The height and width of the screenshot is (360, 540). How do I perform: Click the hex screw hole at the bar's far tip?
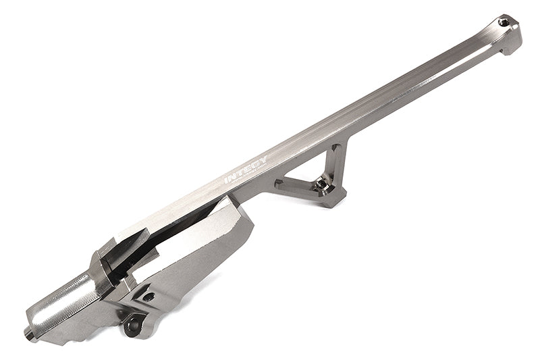click(x=503, y=22)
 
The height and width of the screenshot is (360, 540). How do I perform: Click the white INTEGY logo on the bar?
click(x=246, y=170)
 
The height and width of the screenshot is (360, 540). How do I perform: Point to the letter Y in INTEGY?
click(x=263, y=161)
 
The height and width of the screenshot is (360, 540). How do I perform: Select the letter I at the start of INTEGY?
click(x=227, y=180)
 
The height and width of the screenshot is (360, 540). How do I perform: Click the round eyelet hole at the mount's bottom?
click(x=132, y=326)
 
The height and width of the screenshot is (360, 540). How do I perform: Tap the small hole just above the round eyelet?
click(x=148, y=296)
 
